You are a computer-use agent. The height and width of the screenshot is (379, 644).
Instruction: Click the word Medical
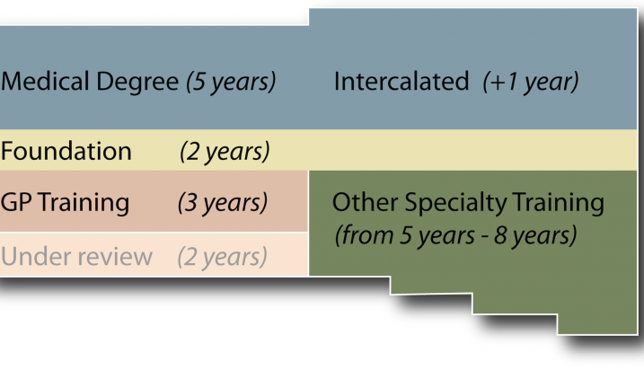(x=45, y=81)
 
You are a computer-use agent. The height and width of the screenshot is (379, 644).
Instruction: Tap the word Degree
(x=137, y=83)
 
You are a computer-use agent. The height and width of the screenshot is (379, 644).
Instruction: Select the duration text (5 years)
(x=231, y=82)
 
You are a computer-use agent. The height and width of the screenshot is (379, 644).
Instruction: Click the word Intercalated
(x=401, y=81)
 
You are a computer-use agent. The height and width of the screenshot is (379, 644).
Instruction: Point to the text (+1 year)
(x=531, y=82)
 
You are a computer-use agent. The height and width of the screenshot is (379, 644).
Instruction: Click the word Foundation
(x=66, y=151)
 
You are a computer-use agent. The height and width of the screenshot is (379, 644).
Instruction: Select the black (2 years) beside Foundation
(x=225, y=152)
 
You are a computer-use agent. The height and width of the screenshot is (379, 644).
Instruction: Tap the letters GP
(x=16, y=202)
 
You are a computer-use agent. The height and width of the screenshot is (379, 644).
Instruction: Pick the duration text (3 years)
(x=223, y=203)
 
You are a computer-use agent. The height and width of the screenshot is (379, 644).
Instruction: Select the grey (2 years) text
(x=222, y=258)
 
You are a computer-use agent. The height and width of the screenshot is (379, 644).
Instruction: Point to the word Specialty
(x=456, y=204)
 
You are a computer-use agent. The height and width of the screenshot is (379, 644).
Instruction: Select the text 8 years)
(x=535, y=235)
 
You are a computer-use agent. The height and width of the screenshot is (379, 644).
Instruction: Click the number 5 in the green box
(x=406, y=235)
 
